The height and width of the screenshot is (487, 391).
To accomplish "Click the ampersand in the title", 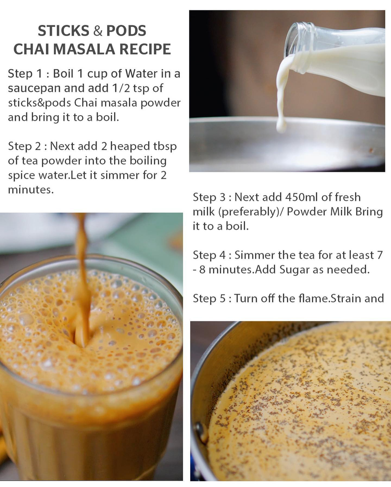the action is click(x=98, y=31).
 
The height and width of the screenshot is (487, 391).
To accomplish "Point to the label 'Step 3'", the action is click(x=210, y=197).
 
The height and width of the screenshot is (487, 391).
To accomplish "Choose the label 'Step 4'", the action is click(x=210, y=255).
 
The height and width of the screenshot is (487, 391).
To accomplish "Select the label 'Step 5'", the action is click(x=210, y=299).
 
